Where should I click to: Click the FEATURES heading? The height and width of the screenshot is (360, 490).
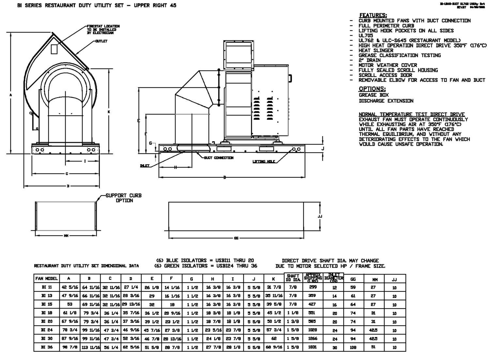pos(373,15)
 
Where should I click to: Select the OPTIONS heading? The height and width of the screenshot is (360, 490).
pos(372,89)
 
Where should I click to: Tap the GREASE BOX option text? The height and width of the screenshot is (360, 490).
pos(374,95)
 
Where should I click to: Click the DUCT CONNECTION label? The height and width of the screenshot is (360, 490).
pos(219,158)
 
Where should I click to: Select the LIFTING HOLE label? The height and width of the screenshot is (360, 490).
pos(264,161)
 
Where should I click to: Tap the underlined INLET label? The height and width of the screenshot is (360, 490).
pos(145,166)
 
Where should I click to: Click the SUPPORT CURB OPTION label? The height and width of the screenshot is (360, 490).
pos(124,198)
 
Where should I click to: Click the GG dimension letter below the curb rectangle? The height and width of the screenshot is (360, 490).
pos(236,238)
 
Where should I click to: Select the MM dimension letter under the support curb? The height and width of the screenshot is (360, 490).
pos(66,235)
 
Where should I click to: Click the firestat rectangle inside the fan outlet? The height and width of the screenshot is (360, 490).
pos(54,49)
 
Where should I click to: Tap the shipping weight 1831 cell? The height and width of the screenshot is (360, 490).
pos(313,347)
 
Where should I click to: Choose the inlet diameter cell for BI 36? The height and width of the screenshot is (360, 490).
pos(334,348)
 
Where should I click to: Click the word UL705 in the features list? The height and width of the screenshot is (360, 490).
pos(366,36)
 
